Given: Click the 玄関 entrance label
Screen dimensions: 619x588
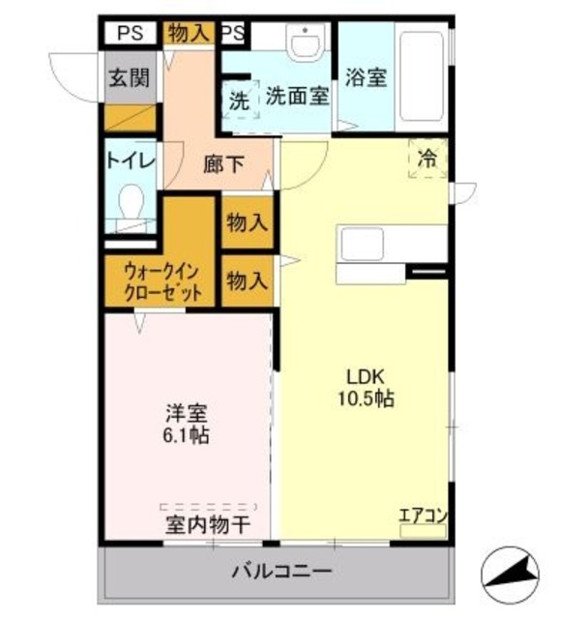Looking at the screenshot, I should click(129, 78).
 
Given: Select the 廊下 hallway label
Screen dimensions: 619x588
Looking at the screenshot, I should click(223, 164).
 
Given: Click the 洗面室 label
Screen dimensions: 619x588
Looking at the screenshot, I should click(297, 97).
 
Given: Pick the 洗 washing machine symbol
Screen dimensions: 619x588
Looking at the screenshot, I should click(238, 99).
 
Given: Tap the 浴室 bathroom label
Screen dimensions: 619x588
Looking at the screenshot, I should click(367, 76).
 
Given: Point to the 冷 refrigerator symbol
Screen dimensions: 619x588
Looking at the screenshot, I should click(426, 160).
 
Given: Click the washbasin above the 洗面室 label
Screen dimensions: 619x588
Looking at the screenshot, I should click(307, 44).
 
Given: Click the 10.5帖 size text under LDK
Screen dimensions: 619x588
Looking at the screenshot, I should click(364, 398).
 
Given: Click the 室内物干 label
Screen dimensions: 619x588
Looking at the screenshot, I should click(207, 525).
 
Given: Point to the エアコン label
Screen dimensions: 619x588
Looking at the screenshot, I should click(423, 516).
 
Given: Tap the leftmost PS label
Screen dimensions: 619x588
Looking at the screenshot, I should click(130, 32).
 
